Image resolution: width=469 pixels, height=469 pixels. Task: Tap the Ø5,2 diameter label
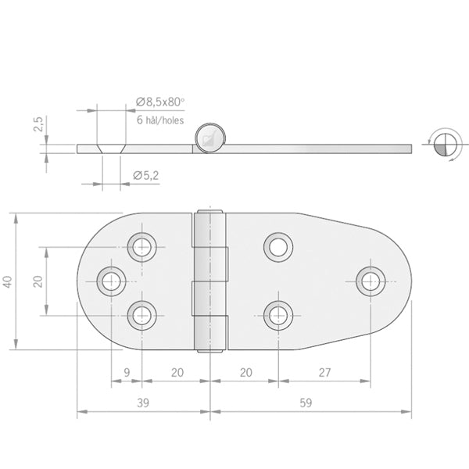[146, 176]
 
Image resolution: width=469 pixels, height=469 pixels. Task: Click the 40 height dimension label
[9, 281]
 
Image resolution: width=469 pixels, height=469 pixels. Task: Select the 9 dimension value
[127, 374]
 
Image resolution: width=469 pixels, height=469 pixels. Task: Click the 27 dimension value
[325, 374]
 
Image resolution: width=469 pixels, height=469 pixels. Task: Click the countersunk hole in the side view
[110, 147]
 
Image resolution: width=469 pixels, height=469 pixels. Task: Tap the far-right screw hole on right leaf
[370, 281]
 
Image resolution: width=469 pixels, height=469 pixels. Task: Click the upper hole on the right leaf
[277, 246]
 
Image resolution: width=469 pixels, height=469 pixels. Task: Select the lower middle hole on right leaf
[277, 315]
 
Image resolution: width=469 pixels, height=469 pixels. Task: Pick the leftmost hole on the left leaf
[111, 281]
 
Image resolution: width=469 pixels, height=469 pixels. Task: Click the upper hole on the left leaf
[141, 246]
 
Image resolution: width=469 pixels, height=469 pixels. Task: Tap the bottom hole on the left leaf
[141, 315]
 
